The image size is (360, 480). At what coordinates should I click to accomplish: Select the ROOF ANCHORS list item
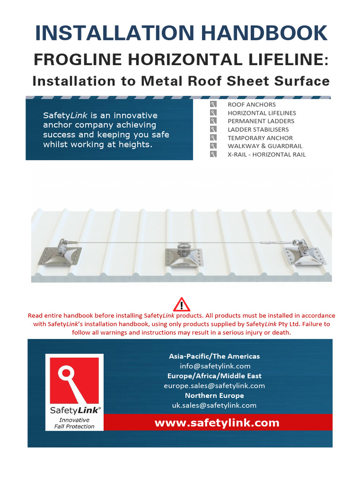[251, 105]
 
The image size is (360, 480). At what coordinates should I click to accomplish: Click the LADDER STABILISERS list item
[258, 129]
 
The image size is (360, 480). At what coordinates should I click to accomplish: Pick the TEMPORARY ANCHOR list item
[260, 138]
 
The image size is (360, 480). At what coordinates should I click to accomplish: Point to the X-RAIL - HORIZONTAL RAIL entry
[266, 154]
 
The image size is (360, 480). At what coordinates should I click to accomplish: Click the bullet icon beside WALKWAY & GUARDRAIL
[213, 146]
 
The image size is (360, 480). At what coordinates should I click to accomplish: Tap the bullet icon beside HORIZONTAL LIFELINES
[213, 113]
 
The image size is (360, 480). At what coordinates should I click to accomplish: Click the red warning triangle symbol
[181, 304]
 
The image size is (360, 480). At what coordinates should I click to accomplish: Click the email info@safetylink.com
[215, 366]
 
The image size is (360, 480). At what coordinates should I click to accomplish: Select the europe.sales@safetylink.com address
[214, 386]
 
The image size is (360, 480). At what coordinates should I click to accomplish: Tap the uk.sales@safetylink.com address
[214, 405]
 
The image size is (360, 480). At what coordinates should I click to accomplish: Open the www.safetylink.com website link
[217, 423]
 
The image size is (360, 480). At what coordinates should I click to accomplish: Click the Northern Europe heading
[214, 396]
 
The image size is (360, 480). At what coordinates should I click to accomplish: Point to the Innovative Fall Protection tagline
[74, 423]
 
